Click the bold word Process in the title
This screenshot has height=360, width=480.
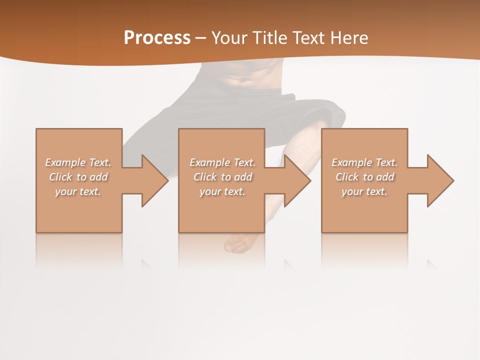point(157,38)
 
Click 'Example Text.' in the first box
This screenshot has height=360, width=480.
point(78,162)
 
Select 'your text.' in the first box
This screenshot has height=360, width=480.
point(78,191)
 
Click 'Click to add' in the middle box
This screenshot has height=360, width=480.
point(222,177)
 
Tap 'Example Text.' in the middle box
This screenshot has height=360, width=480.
point(222,162)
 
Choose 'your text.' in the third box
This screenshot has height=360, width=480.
point(364,191)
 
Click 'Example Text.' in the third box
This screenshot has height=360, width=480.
point(364,162)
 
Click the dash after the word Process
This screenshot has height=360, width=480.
point(200,38)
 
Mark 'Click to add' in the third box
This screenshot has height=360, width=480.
point(364,177)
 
